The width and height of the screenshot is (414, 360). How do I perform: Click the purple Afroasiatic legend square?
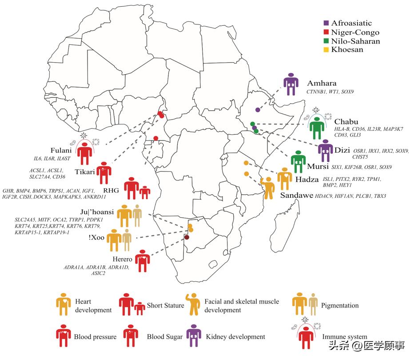pos(326,23)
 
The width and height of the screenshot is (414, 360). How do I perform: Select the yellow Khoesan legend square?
pos(326,50)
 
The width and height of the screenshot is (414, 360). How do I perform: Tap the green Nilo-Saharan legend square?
pos(326,41)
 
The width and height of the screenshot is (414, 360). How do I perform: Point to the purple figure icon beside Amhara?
pos(291,84)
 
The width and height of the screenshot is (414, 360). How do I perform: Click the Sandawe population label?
pos(296,195)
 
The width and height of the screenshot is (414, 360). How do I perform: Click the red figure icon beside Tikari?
pos(104,173)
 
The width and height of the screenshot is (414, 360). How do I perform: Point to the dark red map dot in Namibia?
pos(187,237)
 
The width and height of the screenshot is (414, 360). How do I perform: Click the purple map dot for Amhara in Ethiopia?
pos(258,109)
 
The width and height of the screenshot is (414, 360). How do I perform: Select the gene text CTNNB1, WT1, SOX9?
pos(330,92)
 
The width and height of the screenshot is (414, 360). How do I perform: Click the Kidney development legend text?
pos(235,337)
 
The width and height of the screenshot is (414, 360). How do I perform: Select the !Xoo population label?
pos(97,237)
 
